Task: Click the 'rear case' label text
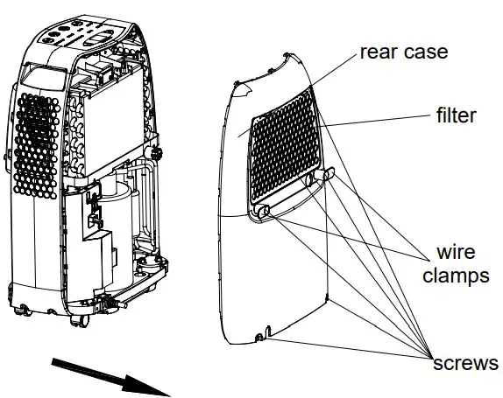coord(403,52)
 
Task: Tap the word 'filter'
coord(455,115)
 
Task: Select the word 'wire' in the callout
coord(455,253)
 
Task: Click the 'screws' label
coord(465,361)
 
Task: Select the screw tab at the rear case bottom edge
coord(259,338)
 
